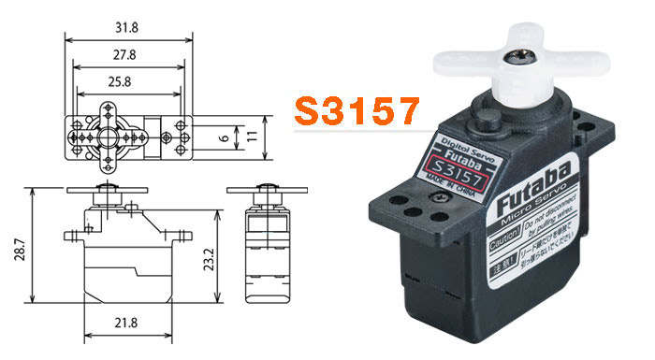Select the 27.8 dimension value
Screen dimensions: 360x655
coord(126,54)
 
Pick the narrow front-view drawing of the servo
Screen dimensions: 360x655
coord(265,248)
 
